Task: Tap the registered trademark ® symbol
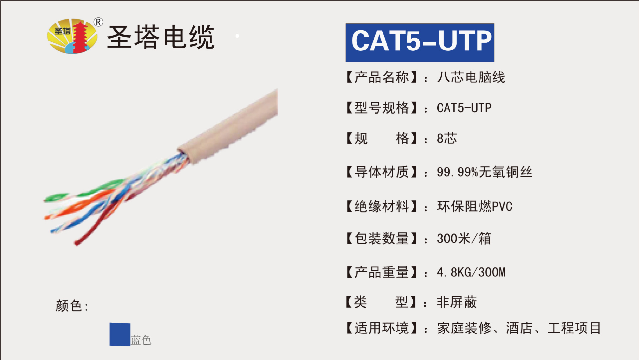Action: [x=98, y=22]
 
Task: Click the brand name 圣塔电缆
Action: [x=161, y=37]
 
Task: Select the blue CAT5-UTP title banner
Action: [x=420, y=43]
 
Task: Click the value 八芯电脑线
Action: [x=471, y=77]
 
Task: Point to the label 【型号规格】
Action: [x=381, y=108]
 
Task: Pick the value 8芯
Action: [x=447, y=138]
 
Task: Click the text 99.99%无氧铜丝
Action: [x=484, y=172]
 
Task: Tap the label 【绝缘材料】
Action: [x=381, y=206]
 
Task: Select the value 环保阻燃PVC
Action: [x=475, y=206]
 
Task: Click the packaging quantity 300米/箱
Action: [x=464, y=238]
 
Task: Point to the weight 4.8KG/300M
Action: [x=471, y=272]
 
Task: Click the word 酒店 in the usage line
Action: [x=519, y=328]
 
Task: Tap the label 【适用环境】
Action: [x=381, y=328]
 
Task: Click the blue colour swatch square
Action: [x=120, y=334]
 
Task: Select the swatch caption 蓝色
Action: [x=141, y=340]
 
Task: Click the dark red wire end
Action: [x=78, y=243]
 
